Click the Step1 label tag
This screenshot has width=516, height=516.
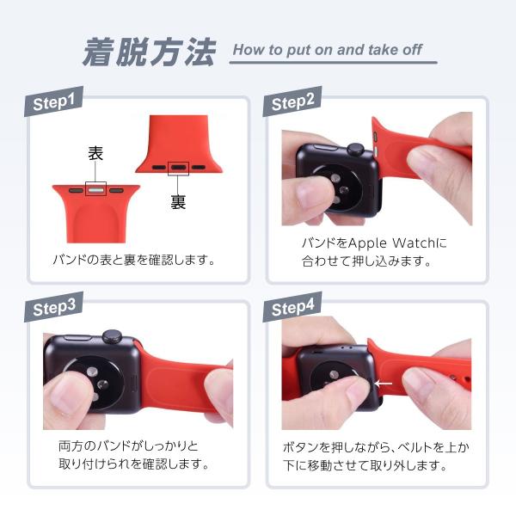[53, 101]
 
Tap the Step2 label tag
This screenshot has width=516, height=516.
[292, 101]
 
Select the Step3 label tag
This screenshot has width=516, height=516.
[53, 307]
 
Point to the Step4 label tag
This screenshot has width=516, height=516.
[292, 307]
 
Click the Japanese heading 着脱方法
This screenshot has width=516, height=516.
[149, 52]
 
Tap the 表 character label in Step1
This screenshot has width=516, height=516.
[95, 153]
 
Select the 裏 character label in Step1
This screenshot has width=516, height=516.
[178, 202]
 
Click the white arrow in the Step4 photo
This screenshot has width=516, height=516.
[384, 384]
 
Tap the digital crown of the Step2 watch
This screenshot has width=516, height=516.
[356, 150]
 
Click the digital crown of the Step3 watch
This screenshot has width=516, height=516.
[112, 336]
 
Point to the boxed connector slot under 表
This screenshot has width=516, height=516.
[95, 189]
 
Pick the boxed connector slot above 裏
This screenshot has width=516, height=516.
[178, 169]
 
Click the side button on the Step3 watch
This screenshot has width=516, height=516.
[77, 338]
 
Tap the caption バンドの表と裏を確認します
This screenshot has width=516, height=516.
[134, 260]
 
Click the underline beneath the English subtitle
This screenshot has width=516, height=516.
[334, 62]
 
